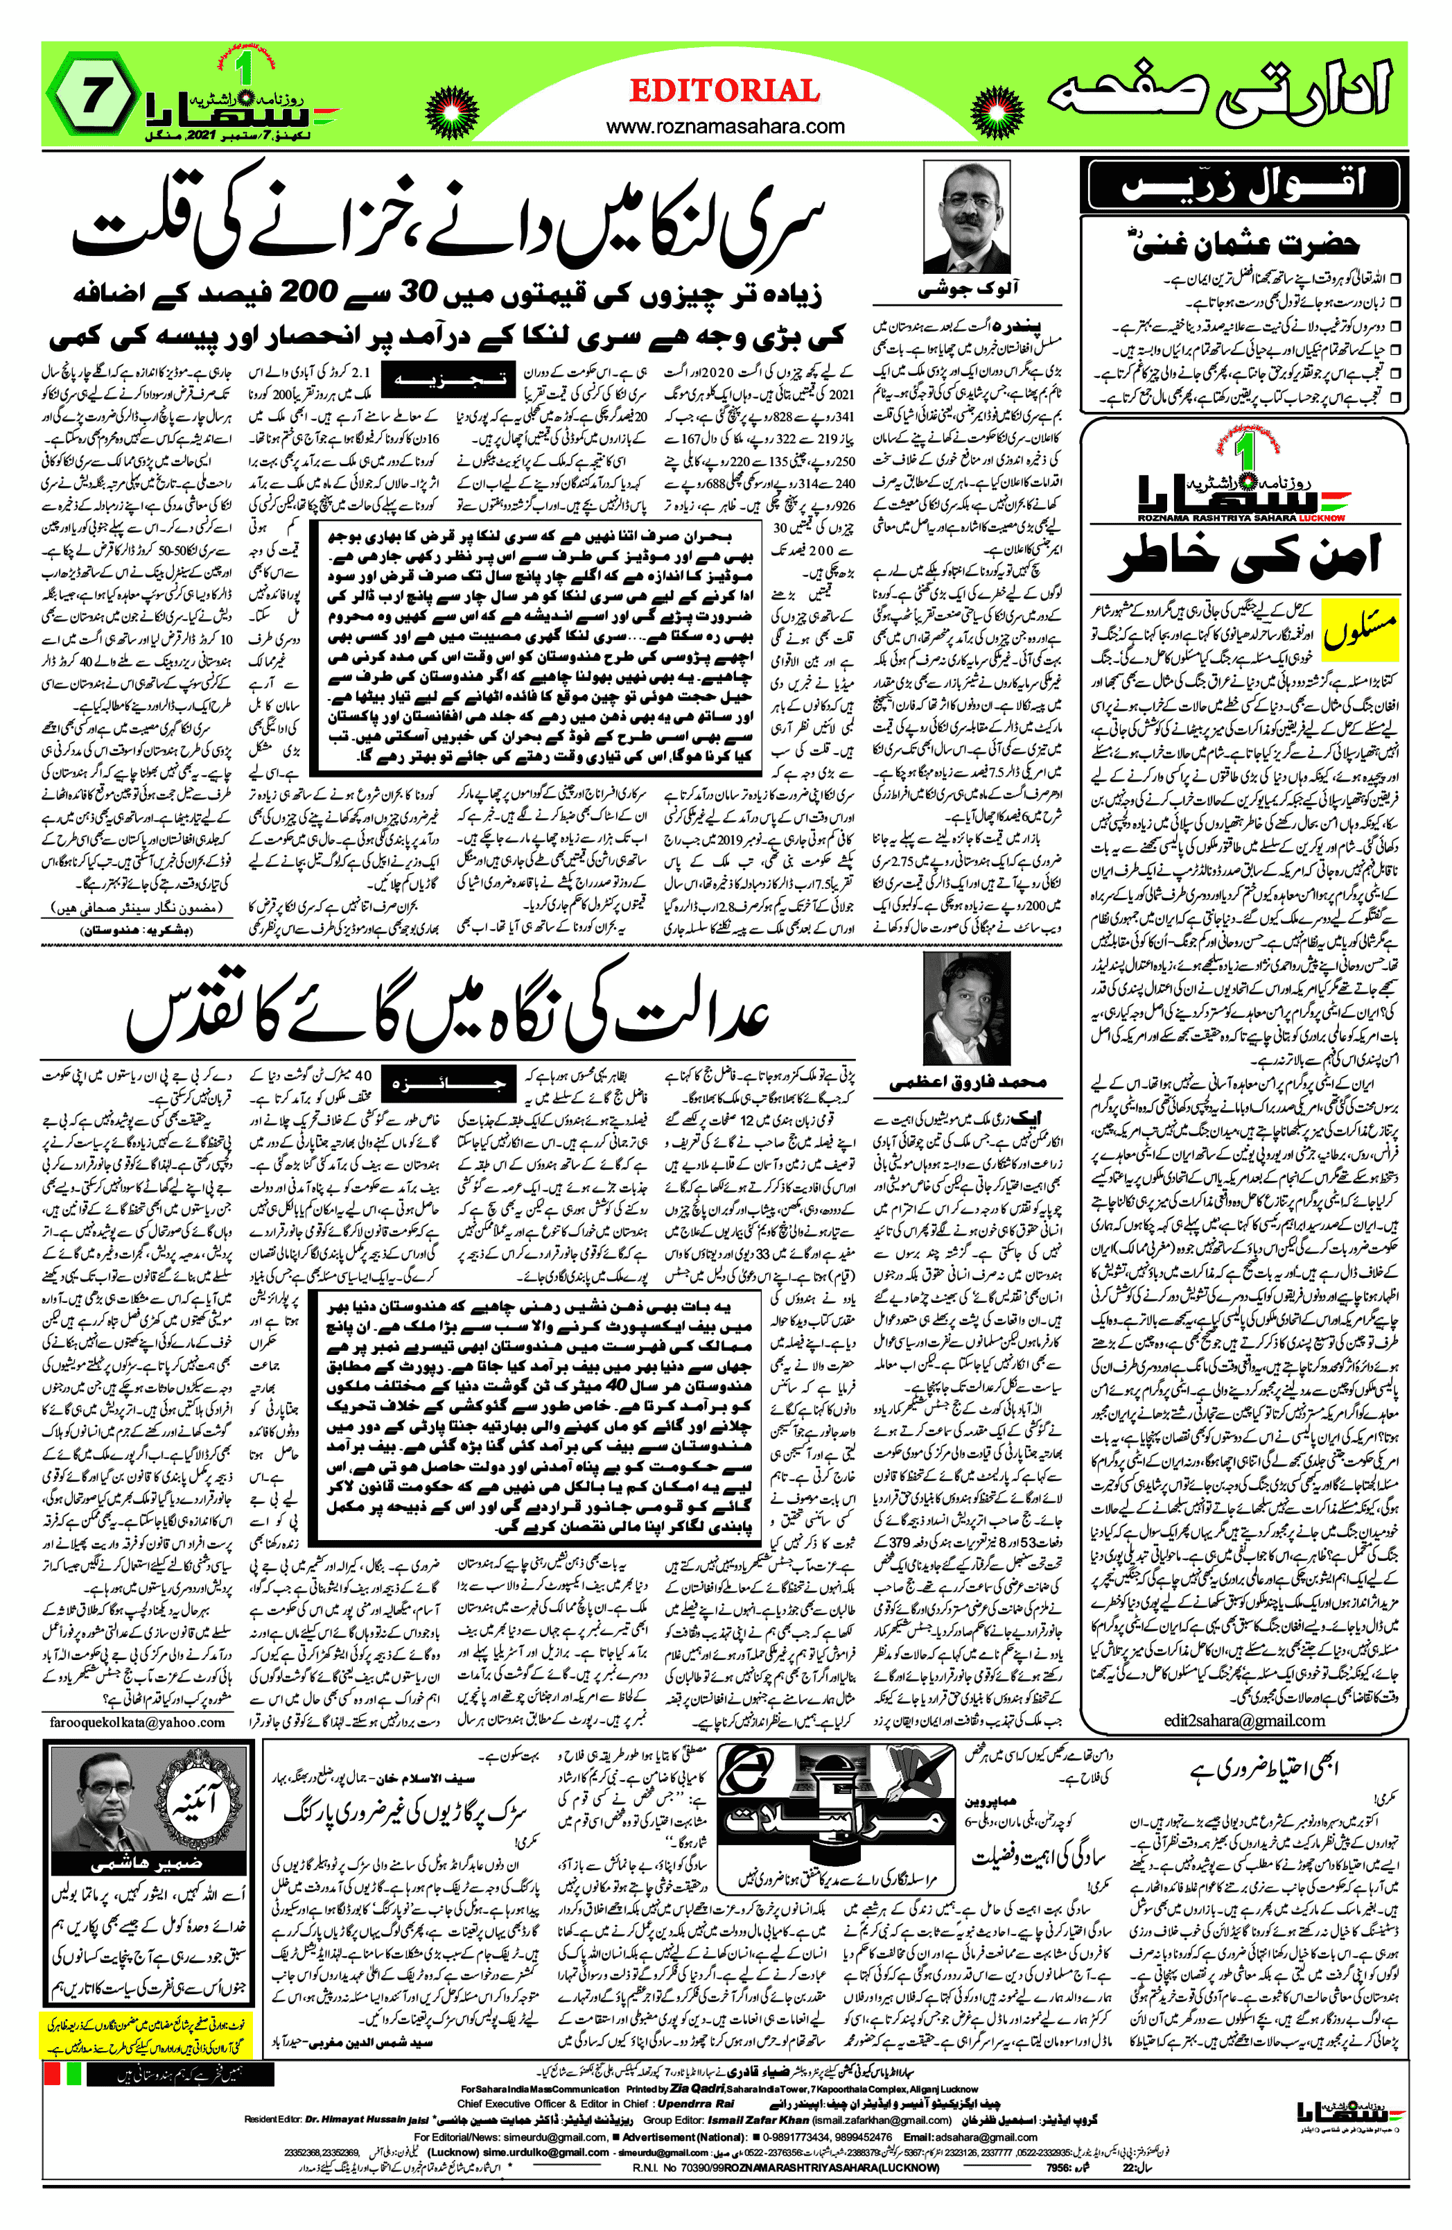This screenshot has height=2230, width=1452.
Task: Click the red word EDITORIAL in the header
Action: pyautogui.click(x=725, y=91)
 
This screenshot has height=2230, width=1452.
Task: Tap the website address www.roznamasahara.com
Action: pyautogui.click(x=725, y=126)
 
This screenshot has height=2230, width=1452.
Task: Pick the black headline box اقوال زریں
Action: pyautogui.click(x=1242, y=184)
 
